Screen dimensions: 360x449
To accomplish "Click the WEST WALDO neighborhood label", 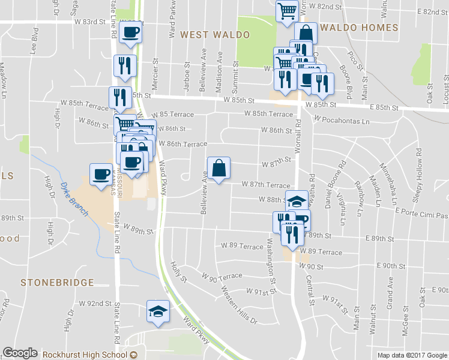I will tap(214, 35).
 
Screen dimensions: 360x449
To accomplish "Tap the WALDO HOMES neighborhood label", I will tap(358, 28).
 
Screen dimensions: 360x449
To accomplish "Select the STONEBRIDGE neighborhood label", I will tap(57, 282).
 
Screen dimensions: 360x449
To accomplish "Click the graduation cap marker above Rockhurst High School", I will tap(158, 311).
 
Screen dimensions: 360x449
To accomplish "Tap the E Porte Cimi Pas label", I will tap(421, 215).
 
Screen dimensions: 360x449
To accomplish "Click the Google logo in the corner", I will tap(20, 353).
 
